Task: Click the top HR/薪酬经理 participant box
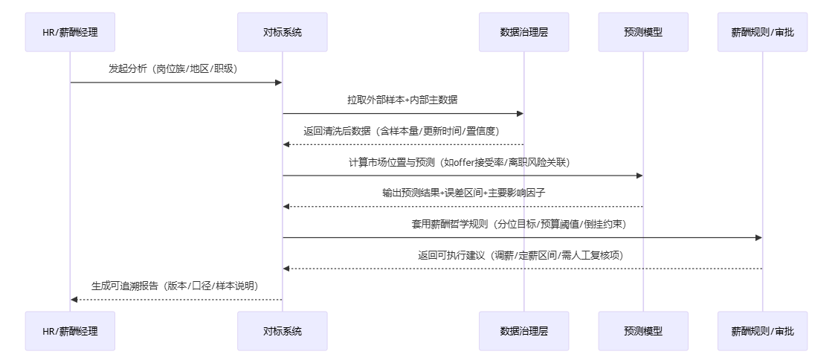click(70, 32)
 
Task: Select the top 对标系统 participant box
click(283, 32)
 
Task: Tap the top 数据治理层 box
click(524, 32)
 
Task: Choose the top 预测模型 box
click(643, 32)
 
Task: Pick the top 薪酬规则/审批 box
click(762, 32)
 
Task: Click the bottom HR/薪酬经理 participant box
click(70, 331)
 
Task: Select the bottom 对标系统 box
click(283, 331)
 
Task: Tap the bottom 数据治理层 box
click(524, 331)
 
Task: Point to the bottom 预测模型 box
click(643, 331)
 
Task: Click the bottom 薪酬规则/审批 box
click(762, 331)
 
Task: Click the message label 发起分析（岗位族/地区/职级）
click(176, 68)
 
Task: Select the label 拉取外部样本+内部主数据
click(403, 100)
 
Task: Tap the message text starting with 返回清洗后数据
click(403, 131)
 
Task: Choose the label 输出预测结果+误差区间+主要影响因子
click(462, 193)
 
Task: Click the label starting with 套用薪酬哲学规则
click(522, 224)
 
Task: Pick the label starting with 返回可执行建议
click(522, 255)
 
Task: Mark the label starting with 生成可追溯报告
click(176, 286)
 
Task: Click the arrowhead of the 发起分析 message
click(278, 82)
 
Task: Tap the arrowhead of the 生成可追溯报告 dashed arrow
click(74, 299)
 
